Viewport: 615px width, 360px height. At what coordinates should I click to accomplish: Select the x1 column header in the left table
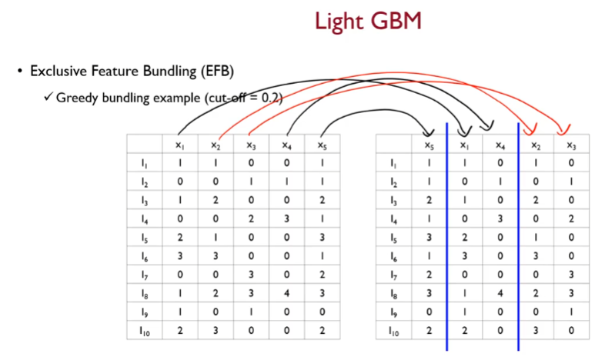tap(179, 144)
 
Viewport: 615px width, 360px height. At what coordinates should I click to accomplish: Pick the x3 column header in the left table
tap(251, 144)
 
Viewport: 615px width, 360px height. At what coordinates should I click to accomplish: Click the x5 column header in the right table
tap(428, 144)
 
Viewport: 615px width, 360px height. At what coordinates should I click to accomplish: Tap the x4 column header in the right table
tap(500, 144)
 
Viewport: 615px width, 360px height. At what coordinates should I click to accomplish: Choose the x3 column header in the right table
tap(571, 144)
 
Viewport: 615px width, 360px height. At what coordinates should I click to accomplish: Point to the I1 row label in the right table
tap(393, 163)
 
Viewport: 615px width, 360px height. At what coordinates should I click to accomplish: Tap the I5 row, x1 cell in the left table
tap(179, 237)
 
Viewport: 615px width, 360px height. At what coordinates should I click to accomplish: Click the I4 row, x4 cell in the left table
tap(286, 218)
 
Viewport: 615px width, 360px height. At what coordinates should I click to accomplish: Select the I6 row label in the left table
tap(144, 255)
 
